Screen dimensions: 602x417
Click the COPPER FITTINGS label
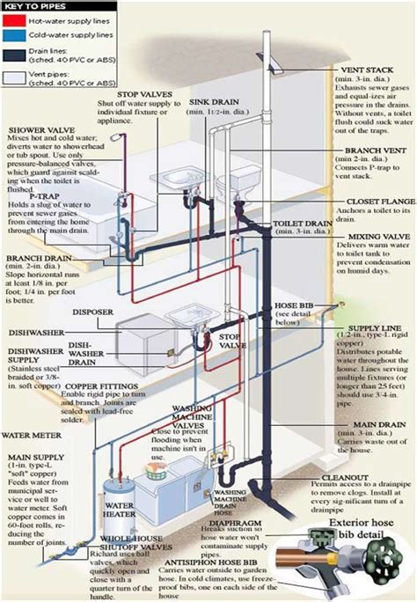point(94,363)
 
